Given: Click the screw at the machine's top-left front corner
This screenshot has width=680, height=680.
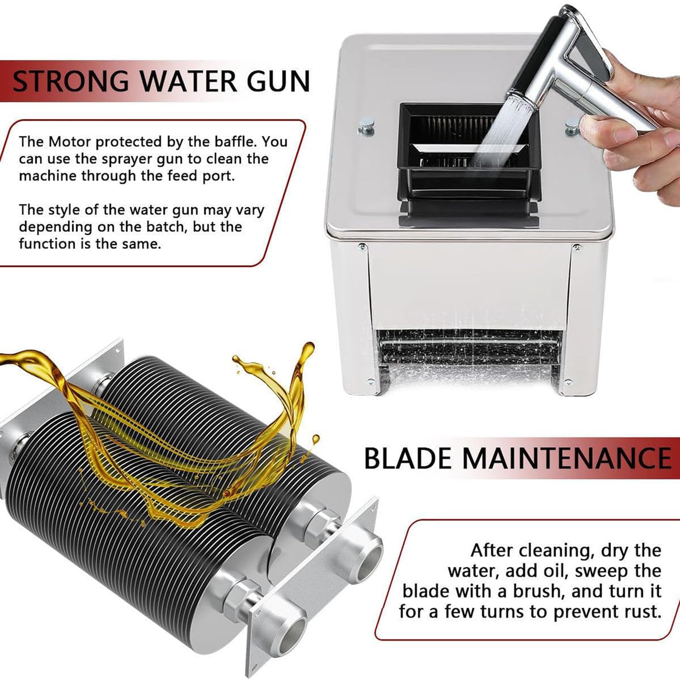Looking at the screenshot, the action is point(362,246).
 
